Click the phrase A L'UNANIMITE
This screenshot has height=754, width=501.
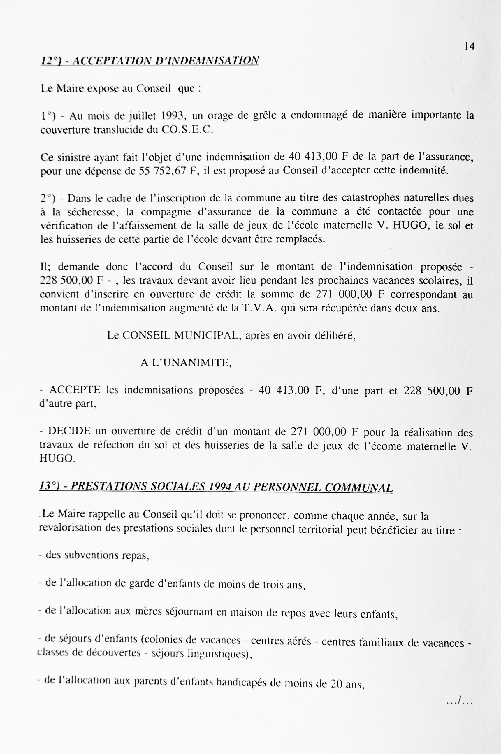[186, 363]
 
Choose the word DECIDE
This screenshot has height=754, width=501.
[69, 431]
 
